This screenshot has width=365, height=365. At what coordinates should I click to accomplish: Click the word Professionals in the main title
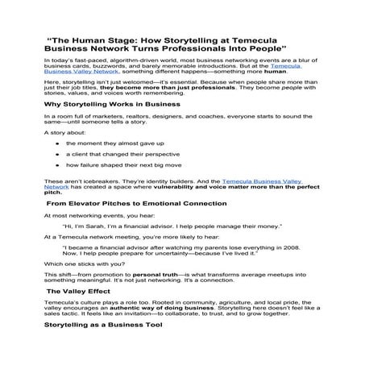[x=185, y=48]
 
